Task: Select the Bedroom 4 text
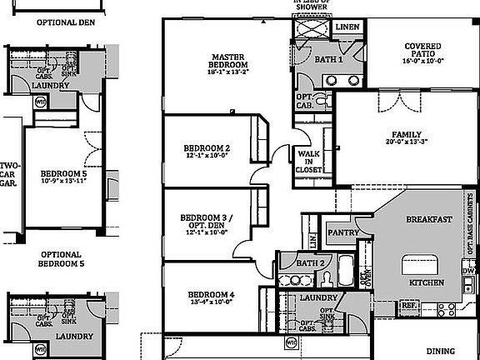tap(210, 295)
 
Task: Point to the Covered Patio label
tap(423, 52)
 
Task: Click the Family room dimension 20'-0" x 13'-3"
tap(407, 142)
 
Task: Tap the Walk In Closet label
tap(308, 161)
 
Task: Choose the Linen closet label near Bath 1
tap(347, 27)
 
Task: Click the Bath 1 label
tap(328, 59)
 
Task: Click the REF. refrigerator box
tap(409, 305)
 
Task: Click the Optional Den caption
tap(59, 22)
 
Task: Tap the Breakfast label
tap(428, 219)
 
